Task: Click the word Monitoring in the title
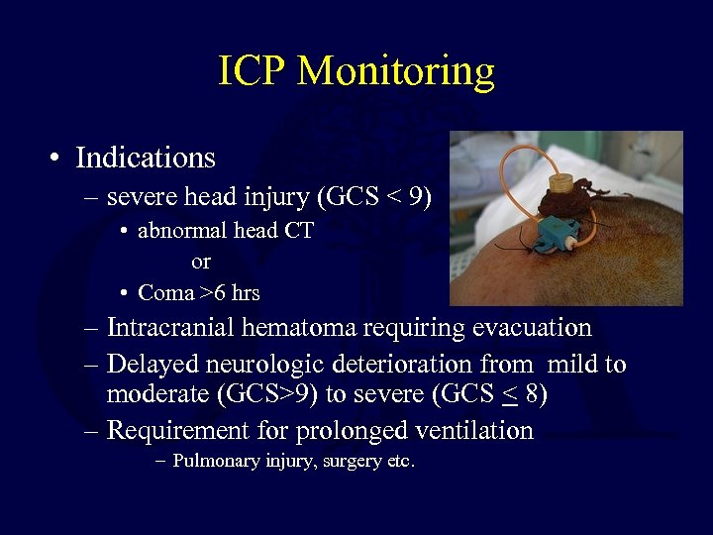click(396, 71)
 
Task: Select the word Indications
click(146, 158)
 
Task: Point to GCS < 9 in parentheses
click(373, 198)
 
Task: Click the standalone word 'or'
click(201, 262)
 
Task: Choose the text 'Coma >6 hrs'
click(199, 292)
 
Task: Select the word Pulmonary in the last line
click(217, 461)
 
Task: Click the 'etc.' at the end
click(398, 461)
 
